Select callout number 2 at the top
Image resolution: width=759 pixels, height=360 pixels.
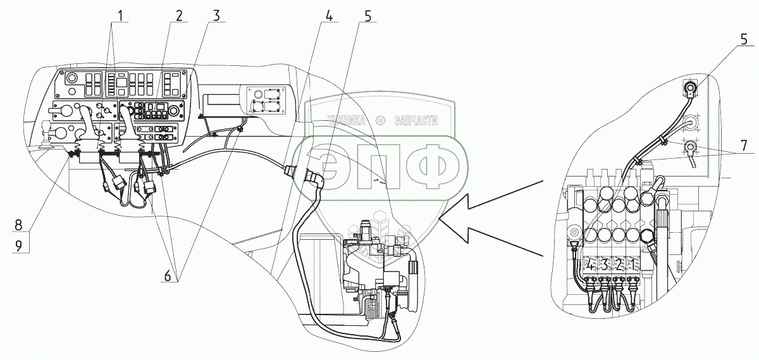pos(179,16)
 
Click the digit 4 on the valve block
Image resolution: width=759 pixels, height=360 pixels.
pos(591,264)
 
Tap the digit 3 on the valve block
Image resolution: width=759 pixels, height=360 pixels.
pos(604,264)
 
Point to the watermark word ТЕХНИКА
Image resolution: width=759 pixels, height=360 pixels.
pos(348,120)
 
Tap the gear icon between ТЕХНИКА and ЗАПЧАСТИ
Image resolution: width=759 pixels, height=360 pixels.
pos(381,120)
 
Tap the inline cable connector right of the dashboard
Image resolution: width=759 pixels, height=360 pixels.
pos(289,171)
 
